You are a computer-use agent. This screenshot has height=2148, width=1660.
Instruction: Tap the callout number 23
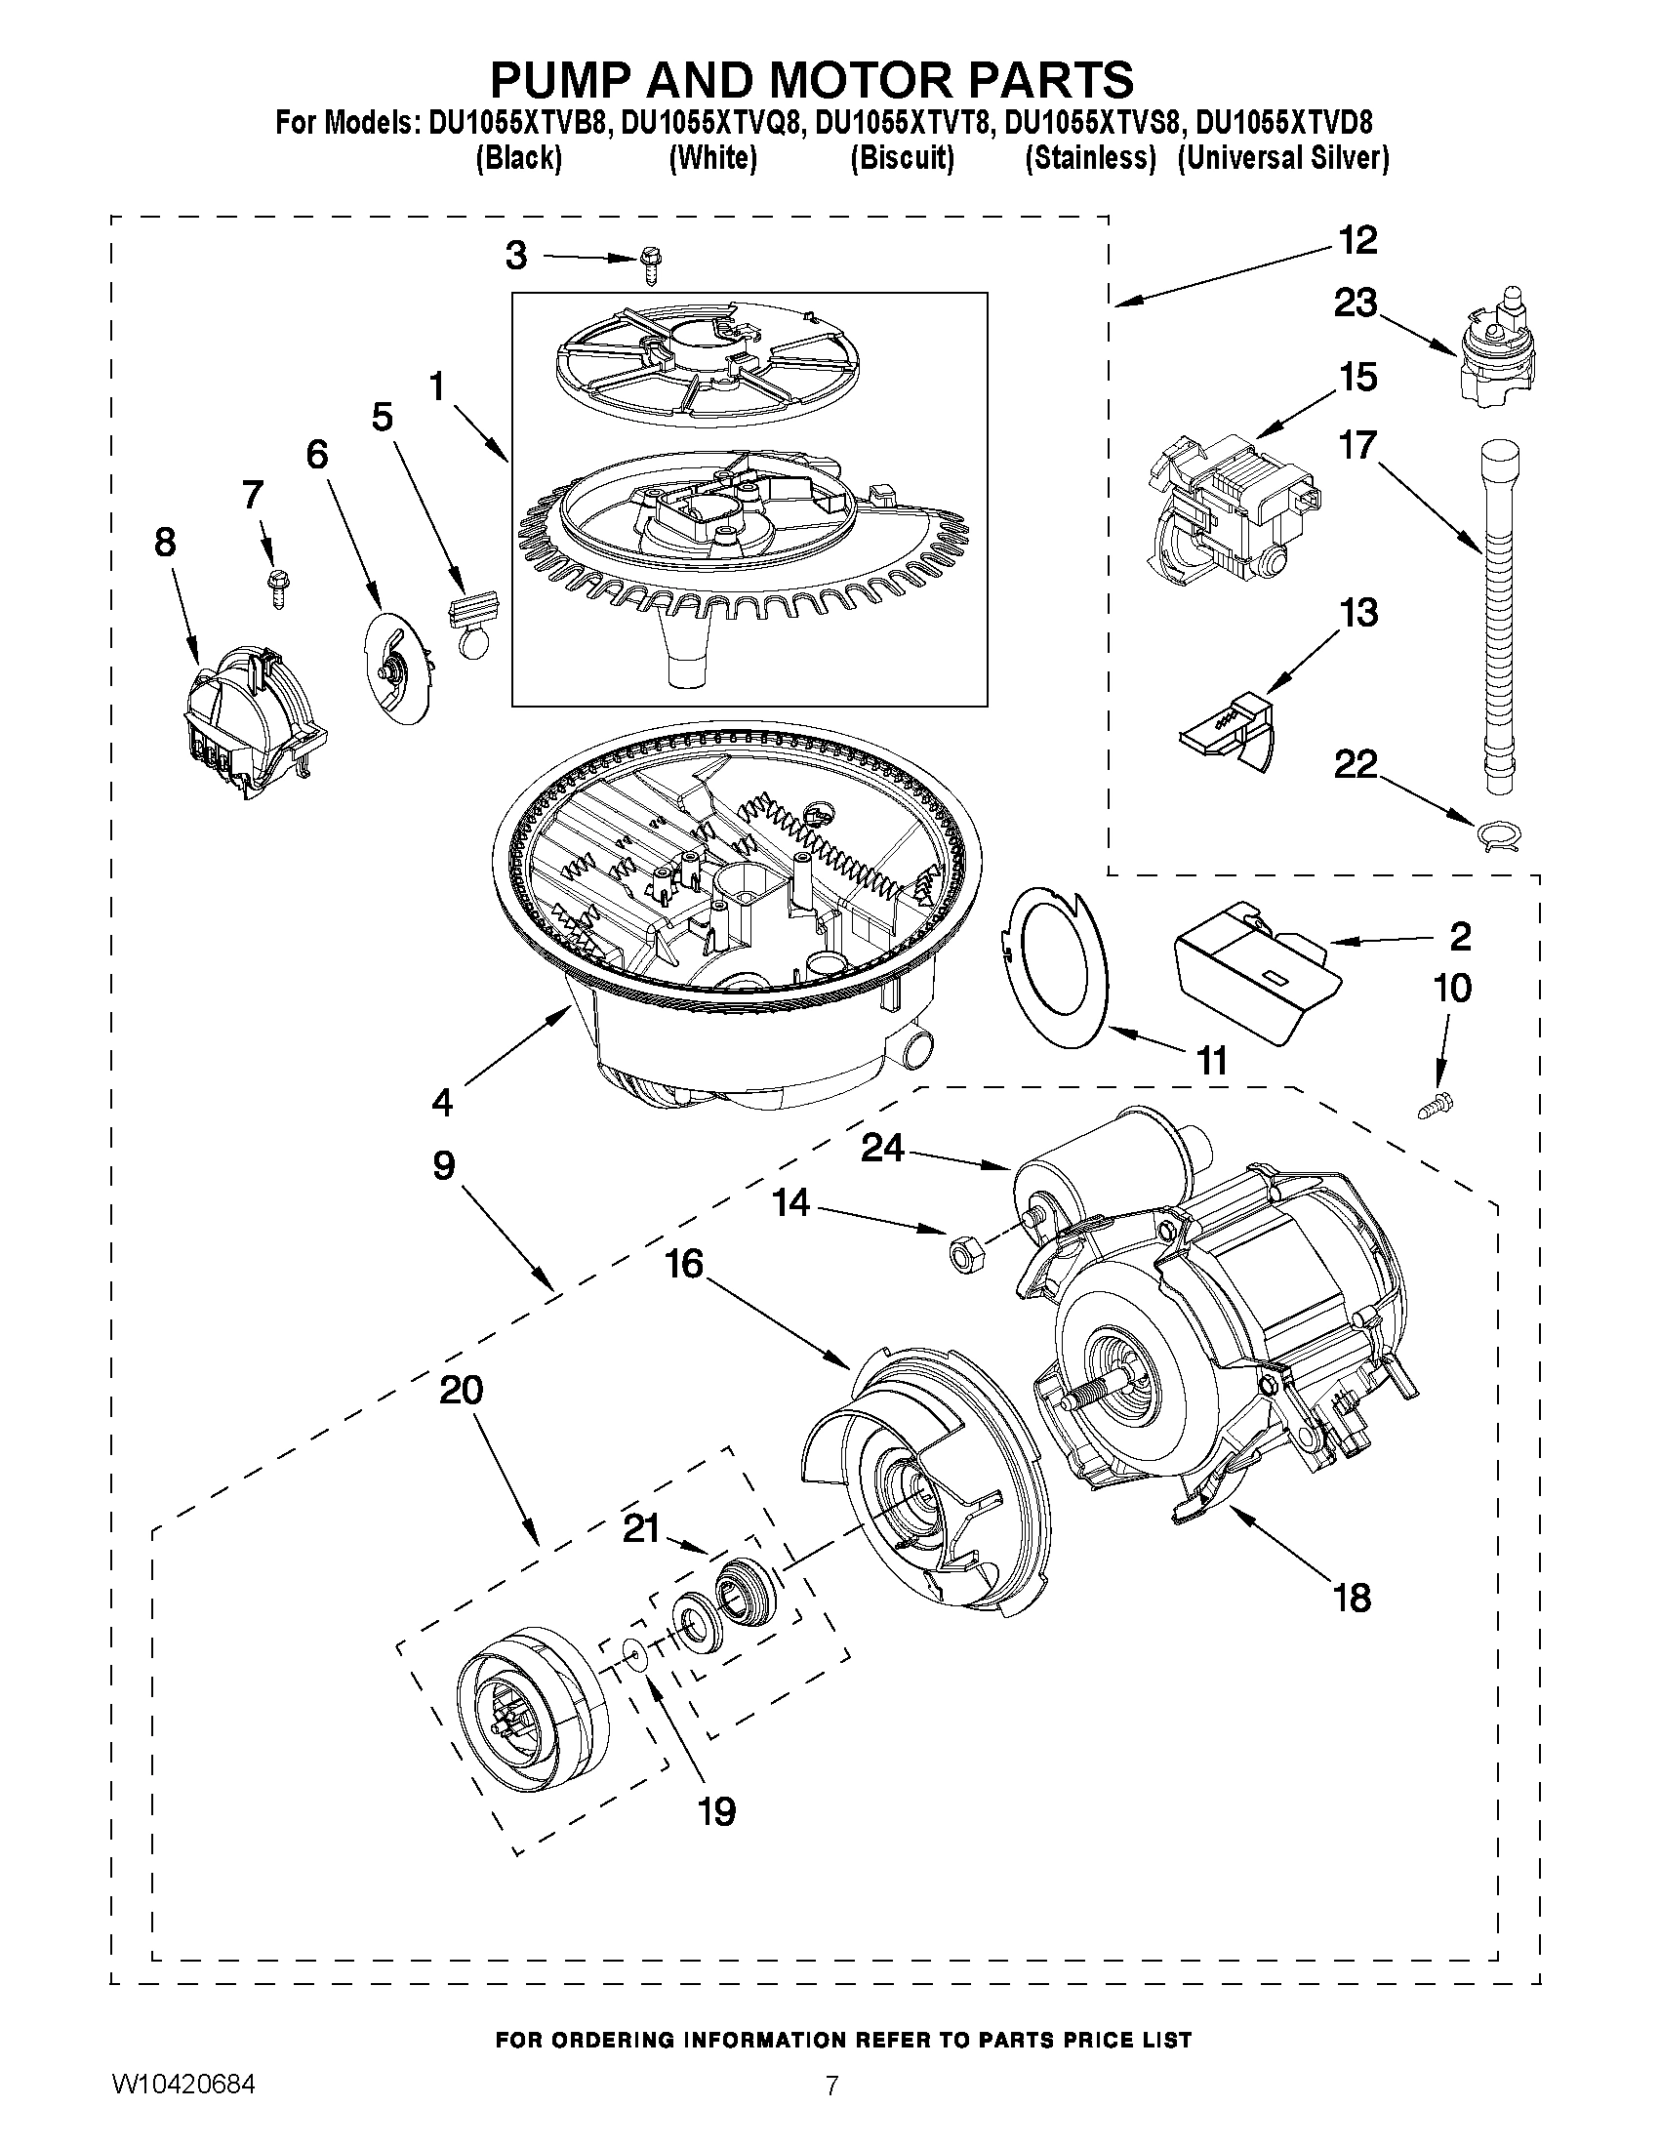[x=1355, y=303]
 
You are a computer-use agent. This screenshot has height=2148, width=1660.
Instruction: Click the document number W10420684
[x=183, y=2111]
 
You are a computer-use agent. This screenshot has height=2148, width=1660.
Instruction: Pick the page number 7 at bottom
[x=831, y=2112]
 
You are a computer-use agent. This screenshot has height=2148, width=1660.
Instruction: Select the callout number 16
[x=684, y=1264]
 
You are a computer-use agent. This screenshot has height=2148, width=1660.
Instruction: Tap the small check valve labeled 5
[x=475, y=620]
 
